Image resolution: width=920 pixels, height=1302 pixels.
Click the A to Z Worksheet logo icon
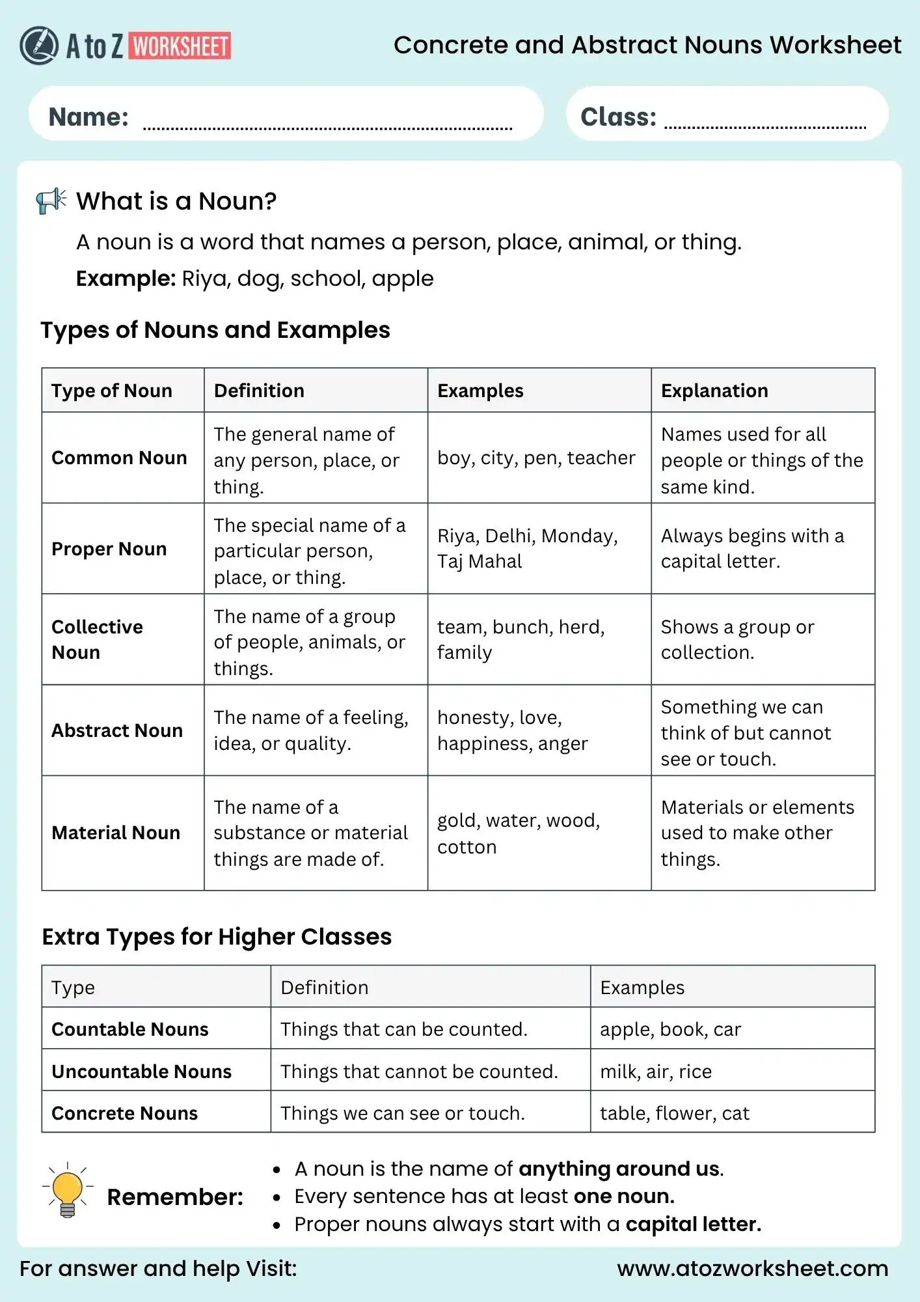coord(39,46)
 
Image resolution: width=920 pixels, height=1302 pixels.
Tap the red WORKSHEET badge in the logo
coord(180,46)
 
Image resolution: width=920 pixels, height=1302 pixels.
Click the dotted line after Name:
coord(327,128)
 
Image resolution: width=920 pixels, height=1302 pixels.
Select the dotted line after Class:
coord(764,126)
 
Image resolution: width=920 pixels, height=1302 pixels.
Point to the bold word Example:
coord(126,279)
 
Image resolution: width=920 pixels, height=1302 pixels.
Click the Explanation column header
coord(714,391)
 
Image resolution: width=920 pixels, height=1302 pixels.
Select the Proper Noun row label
coord(109,549)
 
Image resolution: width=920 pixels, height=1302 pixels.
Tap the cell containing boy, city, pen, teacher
coord(535,458)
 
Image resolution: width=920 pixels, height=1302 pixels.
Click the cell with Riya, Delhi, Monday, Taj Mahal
coord(527,548)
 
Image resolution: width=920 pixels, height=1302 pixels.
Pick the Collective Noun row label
coord(97,639)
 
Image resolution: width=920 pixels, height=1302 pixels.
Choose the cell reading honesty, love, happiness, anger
coord(512,730)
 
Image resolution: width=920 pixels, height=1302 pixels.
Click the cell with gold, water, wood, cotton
coord(518,833)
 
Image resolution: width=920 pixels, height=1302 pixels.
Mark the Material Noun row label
coord(115,833)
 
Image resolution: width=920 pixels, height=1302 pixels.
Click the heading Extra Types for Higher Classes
coord(217,936)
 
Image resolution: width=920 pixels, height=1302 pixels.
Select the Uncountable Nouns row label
coord(141,1071)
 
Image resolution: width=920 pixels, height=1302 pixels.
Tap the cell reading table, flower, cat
coord(674,1113)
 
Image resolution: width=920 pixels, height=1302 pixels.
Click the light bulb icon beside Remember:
coord(68,1190)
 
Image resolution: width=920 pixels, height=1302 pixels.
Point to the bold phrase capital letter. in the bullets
coord(693,1224)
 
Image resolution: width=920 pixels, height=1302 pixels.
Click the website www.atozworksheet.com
coord(752,1268)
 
